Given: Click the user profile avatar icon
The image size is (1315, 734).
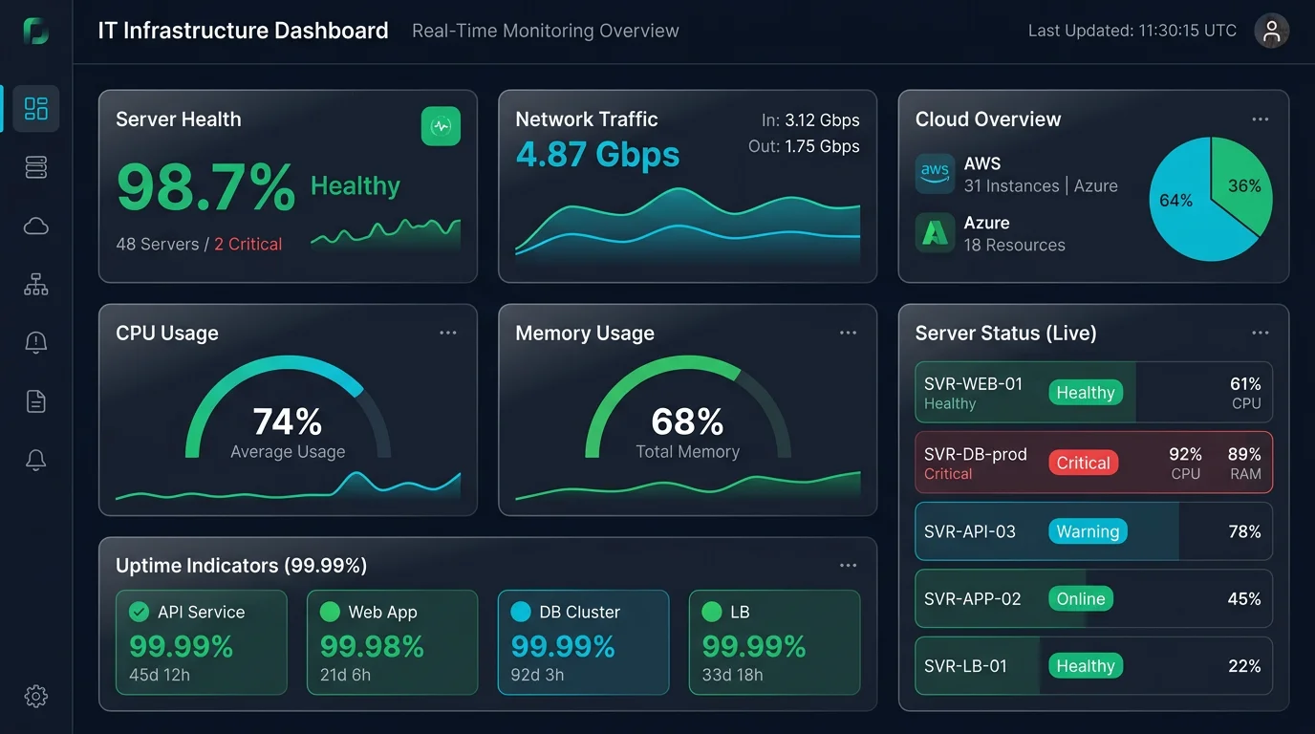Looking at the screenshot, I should point(1271,31).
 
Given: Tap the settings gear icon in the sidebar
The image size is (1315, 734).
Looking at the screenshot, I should point(36,696).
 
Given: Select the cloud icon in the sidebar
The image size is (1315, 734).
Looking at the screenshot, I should point(36,226).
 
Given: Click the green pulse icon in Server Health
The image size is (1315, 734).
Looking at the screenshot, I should point(441,126).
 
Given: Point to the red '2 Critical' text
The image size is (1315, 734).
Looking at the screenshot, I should point(248,245).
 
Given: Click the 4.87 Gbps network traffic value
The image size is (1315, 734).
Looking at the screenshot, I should point(597,154).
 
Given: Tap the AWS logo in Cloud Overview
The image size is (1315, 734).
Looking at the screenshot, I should point(935,174).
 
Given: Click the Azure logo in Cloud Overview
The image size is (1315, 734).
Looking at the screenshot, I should point(935,232).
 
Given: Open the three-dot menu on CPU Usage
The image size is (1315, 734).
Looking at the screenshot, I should point(448,333).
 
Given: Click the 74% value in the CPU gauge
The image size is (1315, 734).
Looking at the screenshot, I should point(288,421).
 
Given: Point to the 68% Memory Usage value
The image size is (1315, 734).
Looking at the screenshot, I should point(687,421).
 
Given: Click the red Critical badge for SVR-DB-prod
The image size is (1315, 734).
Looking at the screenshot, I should point(1083,463).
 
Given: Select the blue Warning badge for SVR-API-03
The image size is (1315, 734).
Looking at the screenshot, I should point(1088,531).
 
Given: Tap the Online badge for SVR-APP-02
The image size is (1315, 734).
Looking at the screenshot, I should point(1081,599).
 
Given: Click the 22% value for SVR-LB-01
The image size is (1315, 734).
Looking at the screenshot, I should point(1244,666).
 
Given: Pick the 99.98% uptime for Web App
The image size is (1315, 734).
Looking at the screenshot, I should point(372,647).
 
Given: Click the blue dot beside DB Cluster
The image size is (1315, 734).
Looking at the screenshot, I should point(521,612).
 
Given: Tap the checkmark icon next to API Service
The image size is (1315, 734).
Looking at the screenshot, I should point(140,612).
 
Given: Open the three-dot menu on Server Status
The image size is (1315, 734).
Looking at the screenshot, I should point(1261,333).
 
